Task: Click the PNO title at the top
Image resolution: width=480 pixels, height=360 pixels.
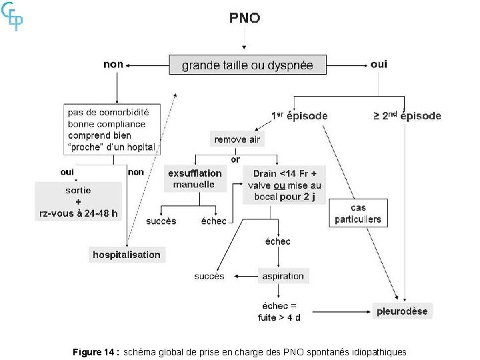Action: click(245, 18)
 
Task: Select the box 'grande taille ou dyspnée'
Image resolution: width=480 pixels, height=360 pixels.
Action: click(247, 65)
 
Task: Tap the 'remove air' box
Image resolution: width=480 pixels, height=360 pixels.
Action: click(237, 139)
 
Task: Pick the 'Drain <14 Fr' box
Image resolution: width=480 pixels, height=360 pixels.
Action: click(284, 184)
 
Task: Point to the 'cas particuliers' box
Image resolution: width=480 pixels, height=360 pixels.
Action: click(358, 213)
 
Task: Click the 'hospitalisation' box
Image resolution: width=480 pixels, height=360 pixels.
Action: click(127, 255)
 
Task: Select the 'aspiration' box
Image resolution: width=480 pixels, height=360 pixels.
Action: click(283, 276)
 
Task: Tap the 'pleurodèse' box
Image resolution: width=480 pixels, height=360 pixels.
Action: click(402, 311)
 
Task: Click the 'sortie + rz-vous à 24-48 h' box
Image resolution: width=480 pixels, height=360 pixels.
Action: click(79, 201)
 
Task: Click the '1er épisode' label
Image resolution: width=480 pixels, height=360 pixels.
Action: click(299, 115)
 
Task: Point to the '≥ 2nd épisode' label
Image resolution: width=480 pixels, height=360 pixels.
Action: click(407, 115)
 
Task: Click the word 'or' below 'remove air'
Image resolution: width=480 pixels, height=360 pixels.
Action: click(235, 159)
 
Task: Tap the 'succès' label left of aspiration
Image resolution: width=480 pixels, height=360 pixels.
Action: click(209, 276)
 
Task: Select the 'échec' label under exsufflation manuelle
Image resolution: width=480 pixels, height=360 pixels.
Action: click(213, 221)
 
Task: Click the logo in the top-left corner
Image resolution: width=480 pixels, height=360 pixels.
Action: click(13, 16)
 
